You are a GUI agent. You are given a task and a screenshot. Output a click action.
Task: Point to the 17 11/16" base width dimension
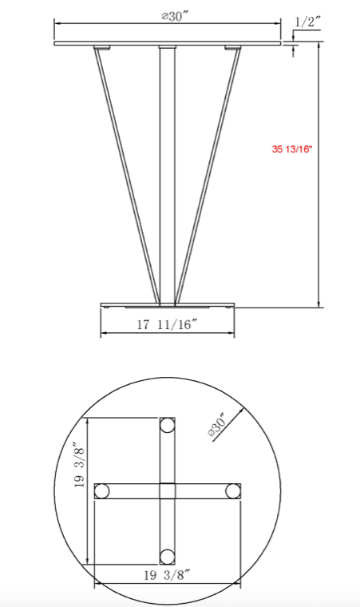(168, 324)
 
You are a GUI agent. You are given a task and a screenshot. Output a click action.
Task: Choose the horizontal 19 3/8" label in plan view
(167, 574)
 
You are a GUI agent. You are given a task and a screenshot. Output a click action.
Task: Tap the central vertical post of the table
(167, 176)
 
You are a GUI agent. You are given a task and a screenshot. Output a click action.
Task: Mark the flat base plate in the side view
(168, 305)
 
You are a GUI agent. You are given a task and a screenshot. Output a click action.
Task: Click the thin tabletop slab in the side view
(168, 43)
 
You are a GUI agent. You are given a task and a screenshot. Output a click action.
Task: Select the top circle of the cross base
(167, 426)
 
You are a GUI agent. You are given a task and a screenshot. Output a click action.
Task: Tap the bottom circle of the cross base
(167, 557)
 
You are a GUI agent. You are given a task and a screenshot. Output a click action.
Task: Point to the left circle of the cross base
(103, 491)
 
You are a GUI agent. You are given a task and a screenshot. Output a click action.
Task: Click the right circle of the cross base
(232, 491)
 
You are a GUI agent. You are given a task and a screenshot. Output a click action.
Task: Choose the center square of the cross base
(167, 491)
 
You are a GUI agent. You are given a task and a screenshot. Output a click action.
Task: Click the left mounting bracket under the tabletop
(101, 49)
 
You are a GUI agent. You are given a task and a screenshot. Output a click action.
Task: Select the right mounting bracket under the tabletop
(232, 49)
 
